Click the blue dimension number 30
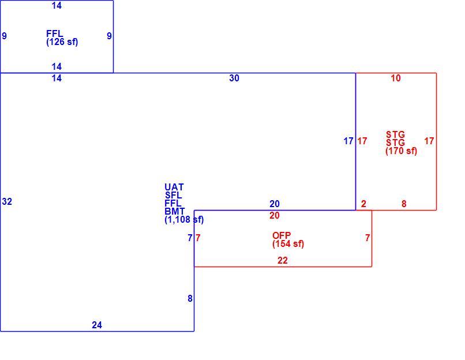(234, 78)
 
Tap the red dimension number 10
(396, 78)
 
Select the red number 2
(363, 204)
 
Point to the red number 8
(404, 204)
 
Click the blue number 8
(190, 299)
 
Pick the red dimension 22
(283, 260)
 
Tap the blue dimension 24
(97, 325)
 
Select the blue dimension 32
(7, 202)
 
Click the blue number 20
(275, 204)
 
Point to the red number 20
(275, 215)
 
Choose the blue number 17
(348, 141)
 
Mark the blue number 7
(190, 238)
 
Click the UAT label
(174, 187)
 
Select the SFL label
(174, 195)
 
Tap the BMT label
(175, 211)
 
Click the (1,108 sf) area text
(184, 220)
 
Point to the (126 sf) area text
(62, 42)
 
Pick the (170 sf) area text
(401, 151)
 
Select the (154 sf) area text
(288, 244)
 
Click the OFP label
(282, 235)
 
